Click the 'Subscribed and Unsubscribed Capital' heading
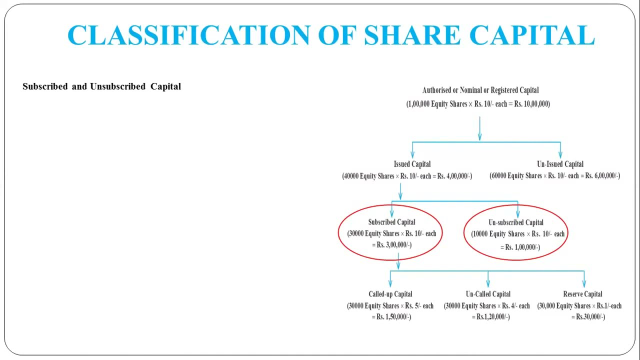(101, 86)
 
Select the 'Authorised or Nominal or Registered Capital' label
(480, 90)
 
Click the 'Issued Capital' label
(412, 164)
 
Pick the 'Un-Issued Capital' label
(560, 164)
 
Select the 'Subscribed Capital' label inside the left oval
(391, 222)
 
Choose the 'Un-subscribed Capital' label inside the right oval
(516, 222)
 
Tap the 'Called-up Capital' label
(390, 294)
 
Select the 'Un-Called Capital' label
(488, 294)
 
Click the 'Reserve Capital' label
(582, 294)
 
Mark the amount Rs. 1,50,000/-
(394, 317)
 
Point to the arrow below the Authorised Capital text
(479, 128)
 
